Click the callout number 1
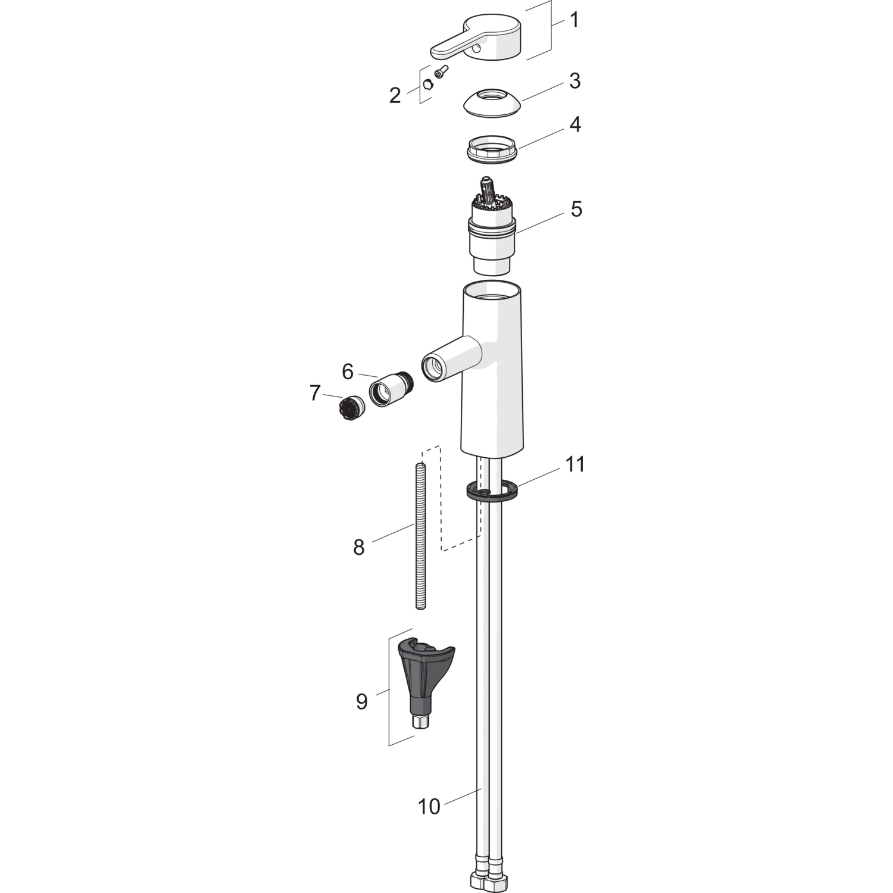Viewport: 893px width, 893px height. (x=574, y=20)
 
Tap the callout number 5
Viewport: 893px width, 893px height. (x=576, y=210)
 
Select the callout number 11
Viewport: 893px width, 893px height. (x=575, y=464)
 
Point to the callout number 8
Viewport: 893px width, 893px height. (x=358, y=547)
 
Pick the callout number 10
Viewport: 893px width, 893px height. (x=429, y=807)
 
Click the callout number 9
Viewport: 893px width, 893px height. (x=362, y=701)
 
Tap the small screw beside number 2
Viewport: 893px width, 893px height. (x=441, y=72)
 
